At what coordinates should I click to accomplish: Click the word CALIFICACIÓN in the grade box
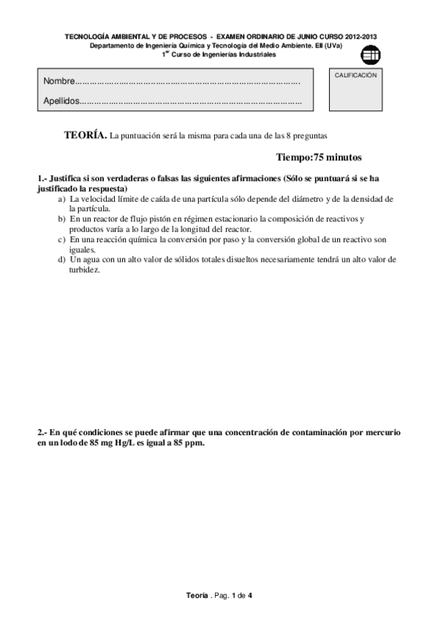click(x=356, y=75)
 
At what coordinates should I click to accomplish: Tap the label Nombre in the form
click(x=58, y=80)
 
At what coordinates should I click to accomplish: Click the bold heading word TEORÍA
click(x=85, y=135)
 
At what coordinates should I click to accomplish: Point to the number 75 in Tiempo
click(x=319, y=156)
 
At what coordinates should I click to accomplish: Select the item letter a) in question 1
click(x=61, y=199)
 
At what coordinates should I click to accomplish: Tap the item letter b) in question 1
click(x=61, y=219)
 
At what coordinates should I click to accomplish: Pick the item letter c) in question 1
click(x=61, y=239)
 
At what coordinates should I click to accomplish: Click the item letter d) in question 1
click(x=61, y=259)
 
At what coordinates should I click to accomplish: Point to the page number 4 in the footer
click(x=250, y=596)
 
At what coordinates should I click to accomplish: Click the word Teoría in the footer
click(x=197, y=596)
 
